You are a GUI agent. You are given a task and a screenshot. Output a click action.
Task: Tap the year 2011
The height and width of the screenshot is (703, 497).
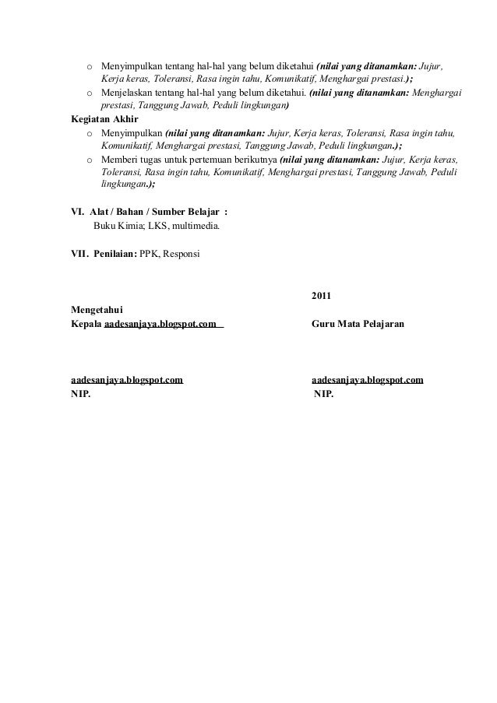pyautogui.click(x=321, y=297)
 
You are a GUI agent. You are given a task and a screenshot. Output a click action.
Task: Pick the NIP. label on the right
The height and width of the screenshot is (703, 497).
pyautogui.click(x=323, y=393)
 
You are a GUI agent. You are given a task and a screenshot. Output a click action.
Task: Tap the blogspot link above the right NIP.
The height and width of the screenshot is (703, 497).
pyautogui.click(x=367, y=381)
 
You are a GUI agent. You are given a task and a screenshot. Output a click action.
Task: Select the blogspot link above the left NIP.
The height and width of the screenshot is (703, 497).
pyautogui.click(x=126, y=381)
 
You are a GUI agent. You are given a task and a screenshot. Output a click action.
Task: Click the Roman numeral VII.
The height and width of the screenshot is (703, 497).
pyautogui.click(x=79, y=254)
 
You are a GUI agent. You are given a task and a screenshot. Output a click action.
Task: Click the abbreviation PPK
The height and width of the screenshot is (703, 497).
pyautogui.click(x=149, y=254)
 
